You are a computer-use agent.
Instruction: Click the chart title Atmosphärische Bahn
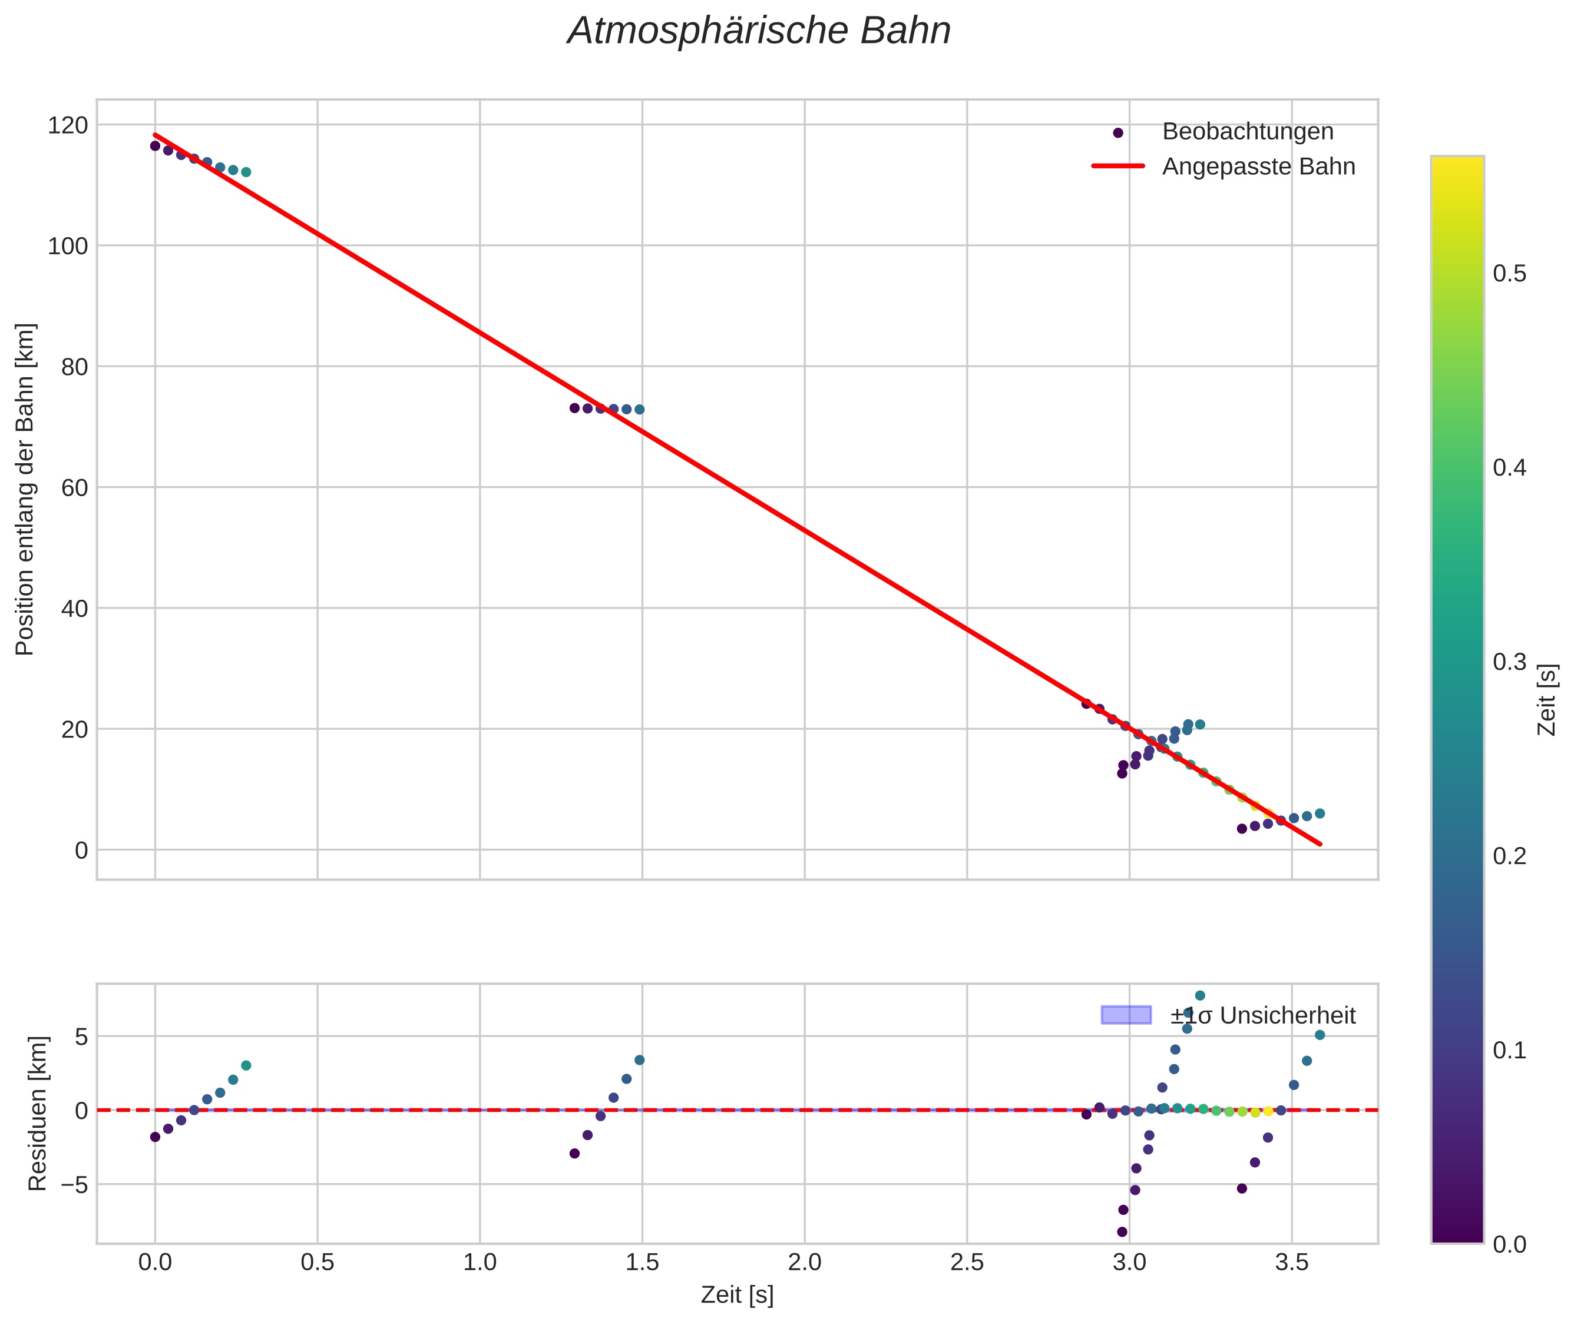759,31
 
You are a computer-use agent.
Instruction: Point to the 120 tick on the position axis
68,125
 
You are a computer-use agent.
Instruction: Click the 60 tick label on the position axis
74,488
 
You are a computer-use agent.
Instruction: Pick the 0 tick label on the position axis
81,851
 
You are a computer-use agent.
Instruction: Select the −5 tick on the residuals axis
71,1185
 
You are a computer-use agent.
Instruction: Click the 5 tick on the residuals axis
81,1037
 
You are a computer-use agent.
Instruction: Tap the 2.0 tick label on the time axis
805,1263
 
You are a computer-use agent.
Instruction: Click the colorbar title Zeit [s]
1547,700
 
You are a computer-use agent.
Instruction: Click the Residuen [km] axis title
38,1114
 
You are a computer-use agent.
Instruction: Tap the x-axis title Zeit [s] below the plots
737,1295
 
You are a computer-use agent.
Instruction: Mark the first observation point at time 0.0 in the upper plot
156,146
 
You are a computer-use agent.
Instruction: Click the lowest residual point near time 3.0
1122,1232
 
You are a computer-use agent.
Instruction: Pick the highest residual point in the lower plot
1200,996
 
